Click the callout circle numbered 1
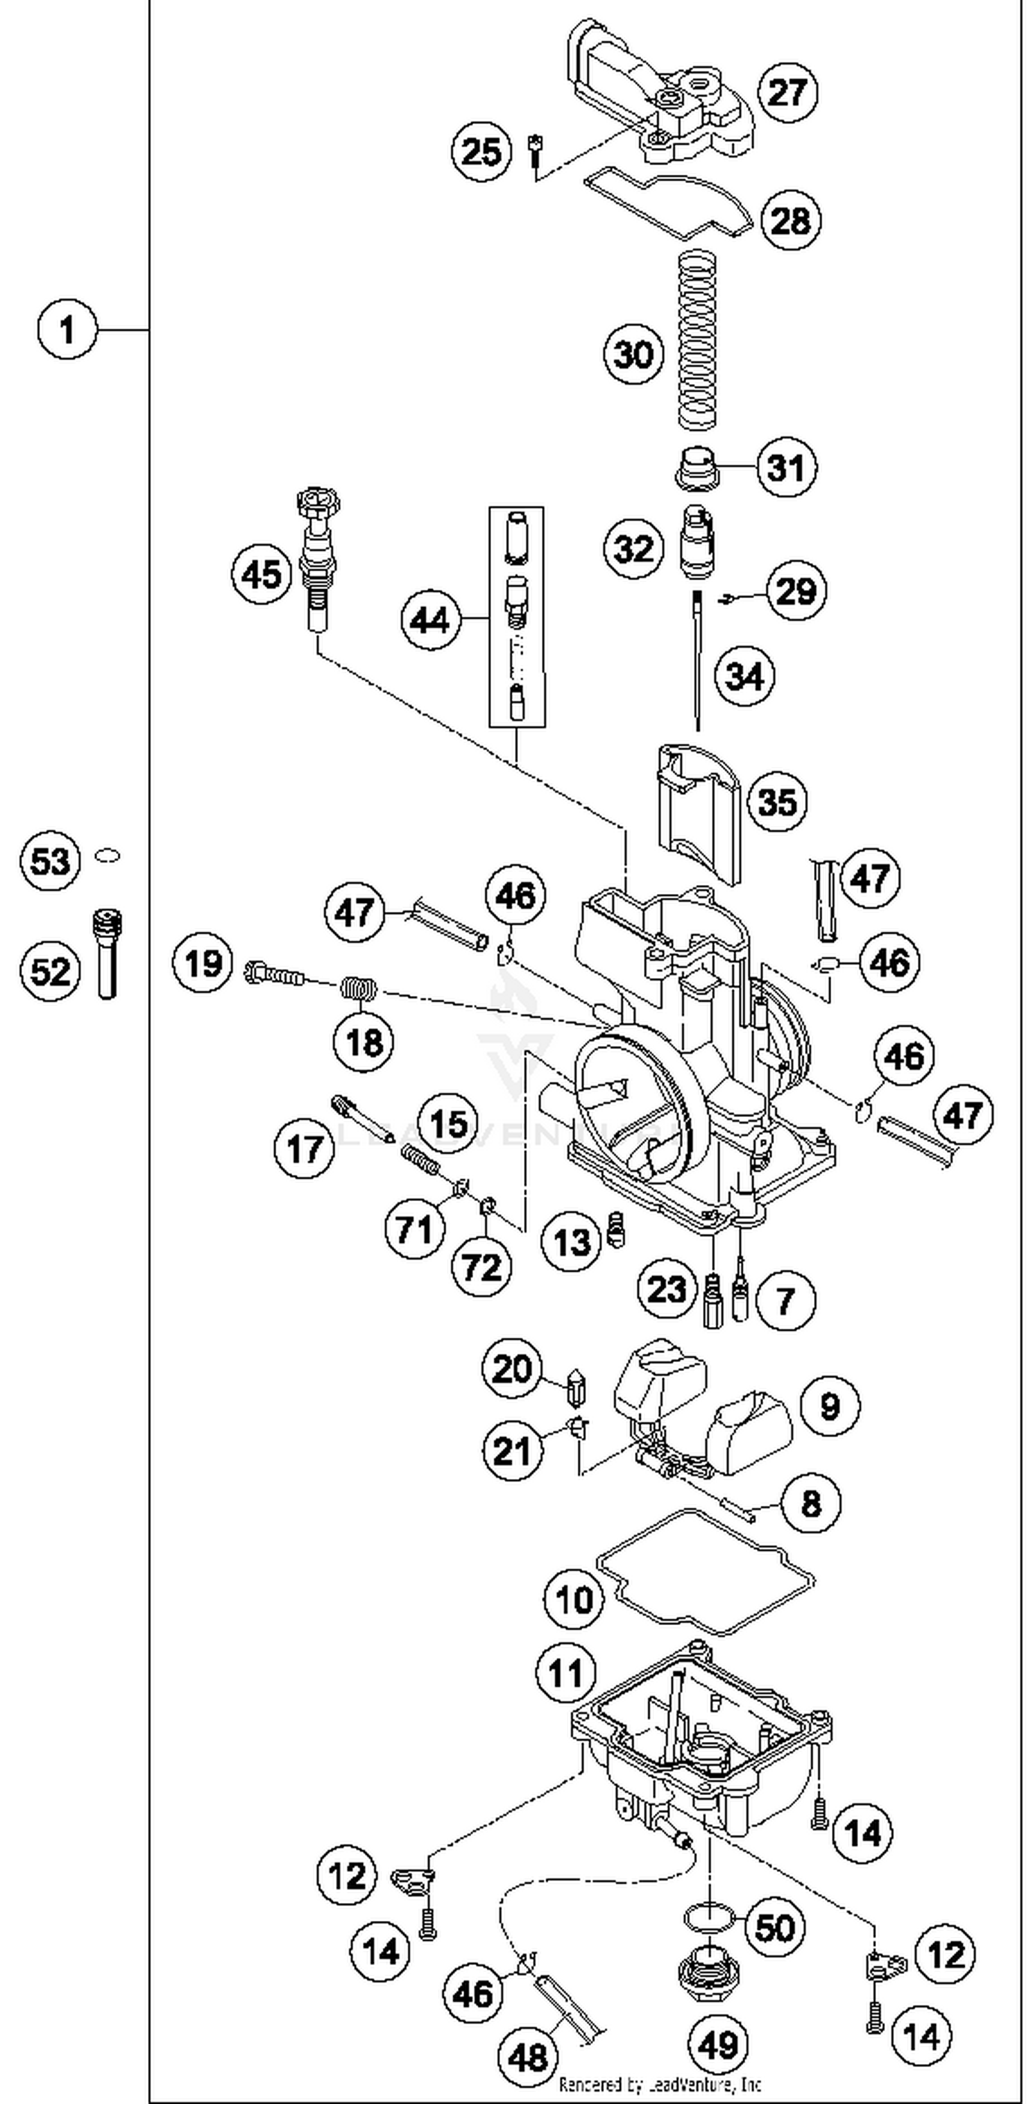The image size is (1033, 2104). (67, 331)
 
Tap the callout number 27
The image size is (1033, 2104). (787, 92)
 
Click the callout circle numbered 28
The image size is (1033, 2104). (791, 220)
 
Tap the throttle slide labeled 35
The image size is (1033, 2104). (699, 813)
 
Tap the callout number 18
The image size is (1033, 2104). (364, 1042)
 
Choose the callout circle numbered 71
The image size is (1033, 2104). (415, 1229)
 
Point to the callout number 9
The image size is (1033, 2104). (830, 1407)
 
